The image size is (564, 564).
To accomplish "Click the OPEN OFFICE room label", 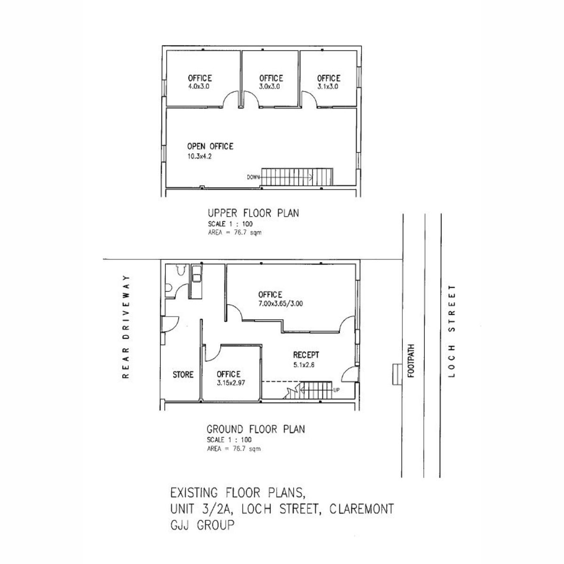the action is (210, 146).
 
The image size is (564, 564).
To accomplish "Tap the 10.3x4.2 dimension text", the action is (199, 157).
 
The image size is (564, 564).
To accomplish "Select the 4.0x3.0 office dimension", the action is (199, 86).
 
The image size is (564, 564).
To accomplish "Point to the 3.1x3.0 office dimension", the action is (328, 86).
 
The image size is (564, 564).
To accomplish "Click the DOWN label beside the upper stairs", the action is (253, 177).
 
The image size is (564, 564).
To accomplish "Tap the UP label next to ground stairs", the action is (337, 390).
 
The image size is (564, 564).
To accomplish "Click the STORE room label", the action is (183, 375).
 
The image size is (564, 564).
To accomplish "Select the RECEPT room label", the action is (306, 355).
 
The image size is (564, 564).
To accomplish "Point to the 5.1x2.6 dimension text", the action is (304, 365).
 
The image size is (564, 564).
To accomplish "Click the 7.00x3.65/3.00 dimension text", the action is (281, 304).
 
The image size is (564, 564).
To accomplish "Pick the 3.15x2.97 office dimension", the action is (231, 383).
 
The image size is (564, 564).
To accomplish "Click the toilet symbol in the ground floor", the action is (181, 269).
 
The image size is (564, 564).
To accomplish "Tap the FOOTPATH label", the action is (411, 361).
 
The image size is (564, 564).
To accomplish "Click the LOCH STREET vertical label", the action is (452, 331).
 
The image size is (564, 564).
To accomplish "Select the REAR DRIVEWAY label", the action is (125, 327).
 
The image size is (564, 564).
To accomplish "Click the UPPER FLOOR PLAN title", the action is (253, 213).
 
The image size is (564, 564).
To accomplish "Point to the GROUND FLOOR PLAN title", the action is (256, 430).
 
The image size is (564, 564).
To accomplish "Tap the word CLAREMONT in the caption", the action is (362, 509).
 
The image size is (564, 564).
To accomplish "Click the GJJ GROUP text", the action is (202, 525).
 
